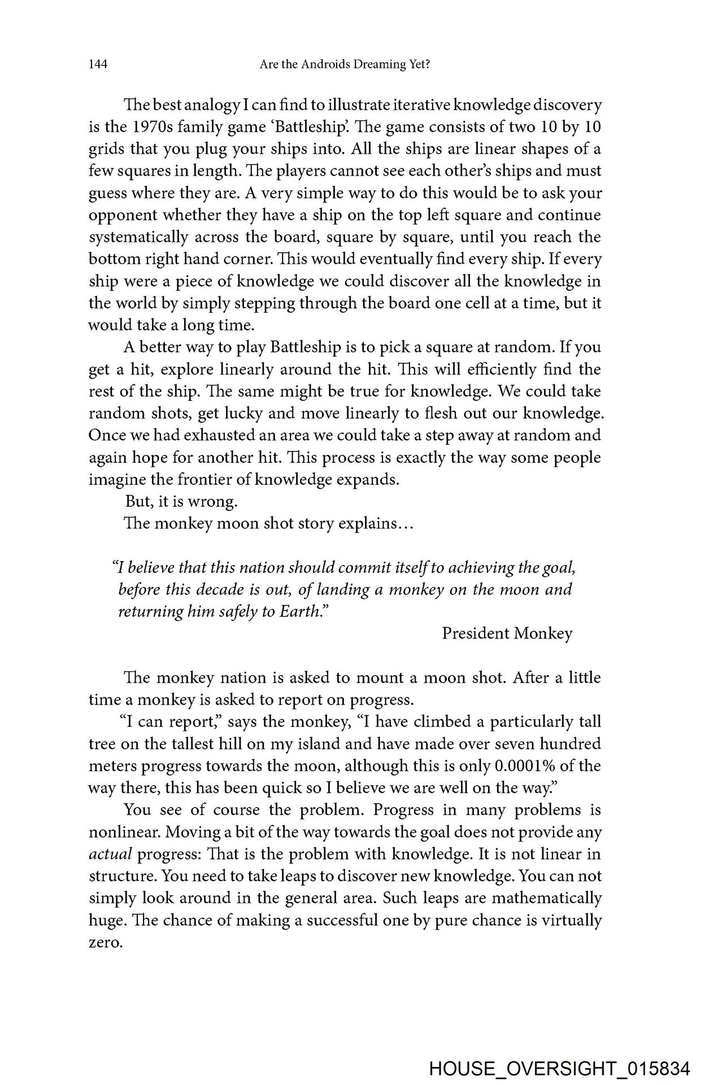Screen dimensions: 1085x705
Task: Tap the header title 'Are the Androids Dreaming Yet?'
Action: [345, 66]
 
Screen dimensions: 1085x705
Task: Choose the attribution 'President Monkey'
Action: [507, 633]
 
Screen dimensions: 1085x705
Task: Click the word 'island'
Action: [332, 744]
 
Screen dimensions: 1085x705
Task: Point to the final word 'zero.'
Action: [106, 943]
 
